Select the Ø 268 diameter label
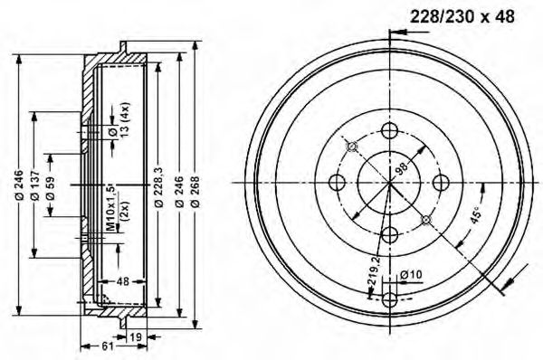[195, 192]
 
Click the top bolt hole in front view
[390, 130]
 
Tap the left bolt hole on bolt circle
[338, 183]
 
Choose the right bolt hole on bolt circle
[443, 183]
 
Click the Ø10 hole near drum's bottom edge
[390, 299]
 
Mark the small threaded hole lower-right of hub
[426, 219]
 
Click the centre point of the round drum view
[390, 183]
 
